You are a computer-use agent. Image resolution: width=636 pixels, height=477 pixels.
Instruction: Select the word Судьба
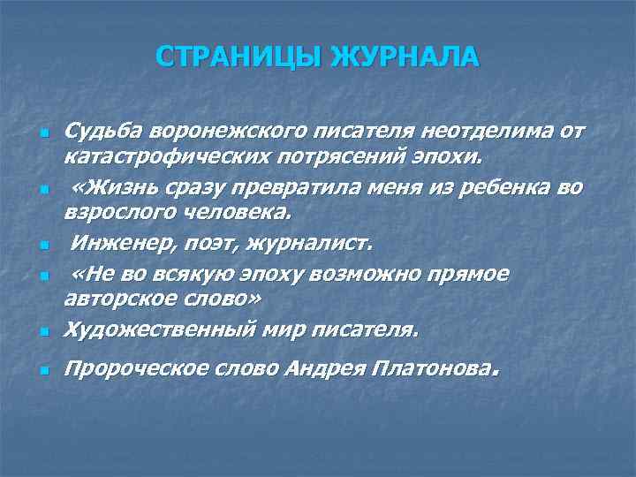[104, 133]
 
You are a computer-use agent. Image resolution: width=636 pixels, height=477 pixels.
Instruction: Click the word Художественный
[162, 330]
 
